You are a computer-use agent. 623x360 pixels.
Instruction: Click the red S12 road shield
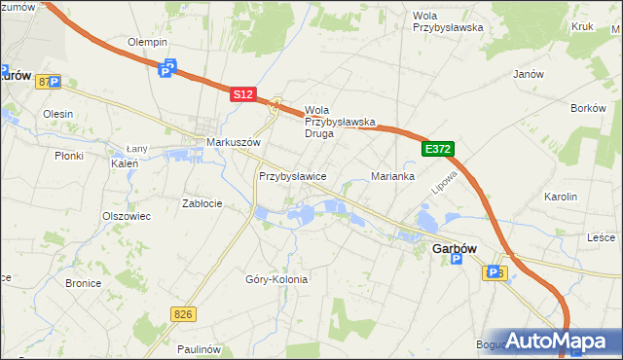[x=243, y=94]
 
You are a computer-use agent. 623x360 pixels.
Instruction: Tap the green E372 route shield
[x=438, y=149]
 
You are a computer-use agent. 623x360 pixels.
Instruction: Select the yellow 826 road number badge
[x=182, y=313]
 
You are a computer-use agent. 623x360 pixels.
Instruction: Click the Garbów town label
[x=453, y=249]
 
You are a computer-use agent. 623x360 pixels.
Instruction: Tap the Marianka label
[x=393, y=176]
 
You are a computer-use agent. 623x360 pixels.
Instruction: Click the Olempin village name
[x=148, y=43]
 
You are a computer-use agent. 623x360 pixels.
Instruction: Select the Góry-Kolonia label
[x=276, y=279]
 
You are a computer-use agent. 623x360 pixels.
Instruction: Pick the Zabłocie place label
[x=202, y=203]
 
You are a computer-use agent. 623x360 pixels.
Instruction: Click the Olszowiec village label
[x=127, y=216]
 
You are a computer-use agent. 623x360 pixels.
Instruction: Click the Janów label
[x=528, y=73]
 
